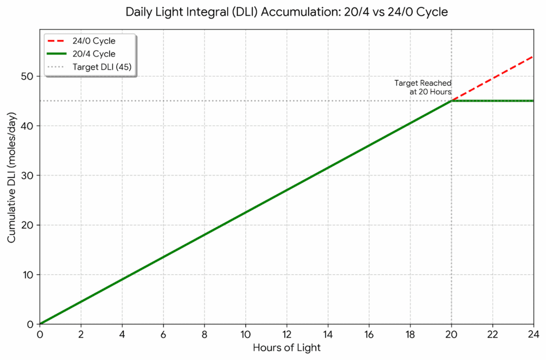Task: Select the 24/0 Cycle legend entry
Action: click(94, 41)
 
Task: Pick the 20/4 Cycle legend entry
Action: click(94, 54)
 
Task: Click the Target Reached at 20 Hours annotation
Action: click(423, 87)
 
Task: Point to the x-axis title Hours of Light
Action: click(287, 348)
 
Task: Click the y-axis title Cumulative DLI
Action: click(12, 178)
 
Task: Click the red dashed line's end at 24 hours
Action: click(533, 57)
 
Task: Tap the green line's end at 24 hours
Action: click(533, 101)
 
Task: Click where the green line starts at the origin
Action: click(40, 324)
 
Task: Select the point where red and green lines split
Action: click(452, 101)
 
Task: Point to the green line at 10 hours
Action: click(245, 212)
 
